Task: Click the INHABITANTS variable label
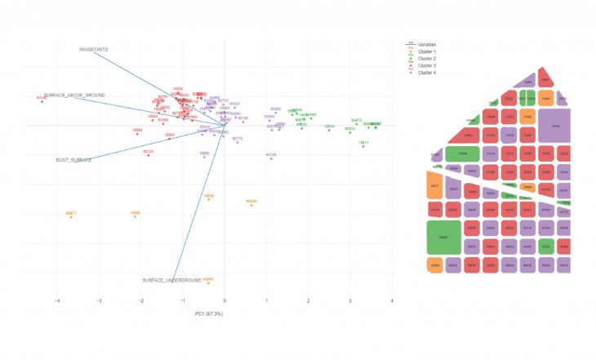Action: [x=94, y=49]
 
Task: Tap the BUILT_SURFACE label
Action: [x=73, y=160]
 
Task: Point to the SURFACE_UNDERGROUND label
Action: [x=171, y=281]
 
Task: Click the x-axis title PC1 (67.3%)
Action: [x=209, y=314]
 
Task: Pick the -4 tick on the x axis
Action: [x=57, y=301]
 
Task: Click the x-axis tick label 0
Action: [x=225, y=301]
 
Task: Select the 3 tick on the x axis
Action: [x=350, y=301]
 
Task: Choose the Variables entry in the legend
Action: [x=427, y=43]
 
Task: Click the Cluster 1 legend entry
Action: [x=427, y=51]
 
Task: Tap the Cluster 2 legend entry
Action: [x=427, y=59]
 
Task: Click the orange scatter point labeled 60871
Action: [x=71, y=217]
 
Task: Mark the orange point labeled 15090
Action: [x=135, y=217]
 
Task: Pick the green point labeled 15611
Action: [x=363, y=147]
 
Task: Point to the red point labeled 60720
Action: [x=148, y=155]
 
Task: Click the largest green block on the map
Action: [x=443, y=238]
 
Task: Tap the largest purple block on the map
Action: [x=556, y=127]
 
